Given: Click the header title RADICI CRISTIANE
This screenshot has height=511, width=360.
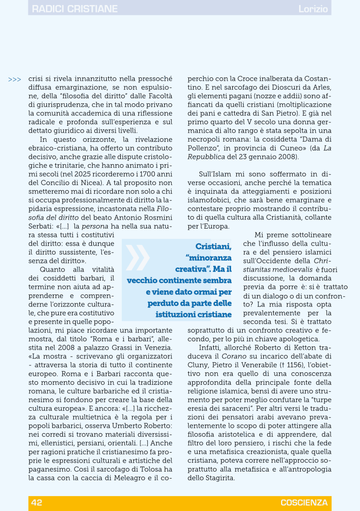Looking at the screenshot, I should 74,9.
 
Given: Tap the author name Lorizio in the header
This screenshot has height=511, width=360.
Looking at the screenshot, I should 313,9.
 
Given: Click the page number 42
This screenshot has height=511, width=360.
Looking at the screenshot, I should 37,503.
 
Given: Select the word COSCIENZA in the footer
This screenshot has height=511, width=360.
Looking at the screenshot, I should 304,503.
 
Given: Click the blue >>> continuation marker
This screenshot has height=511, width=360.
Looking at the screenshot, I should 15,79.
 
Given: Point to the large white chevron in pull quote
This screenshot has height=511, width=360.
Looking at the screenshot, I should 138,257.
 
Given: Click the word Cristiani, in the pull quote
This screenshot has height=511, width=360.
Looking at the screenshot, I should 213,246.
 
